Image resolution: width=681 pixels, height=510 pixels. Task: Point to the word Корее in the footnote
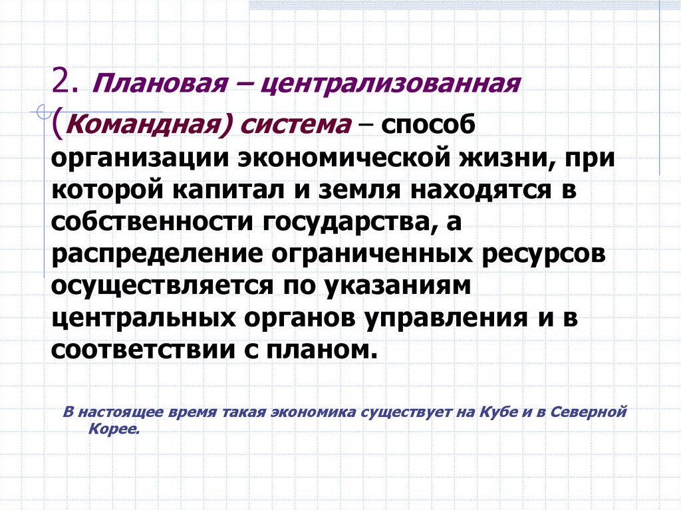(x=113, y=429)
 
